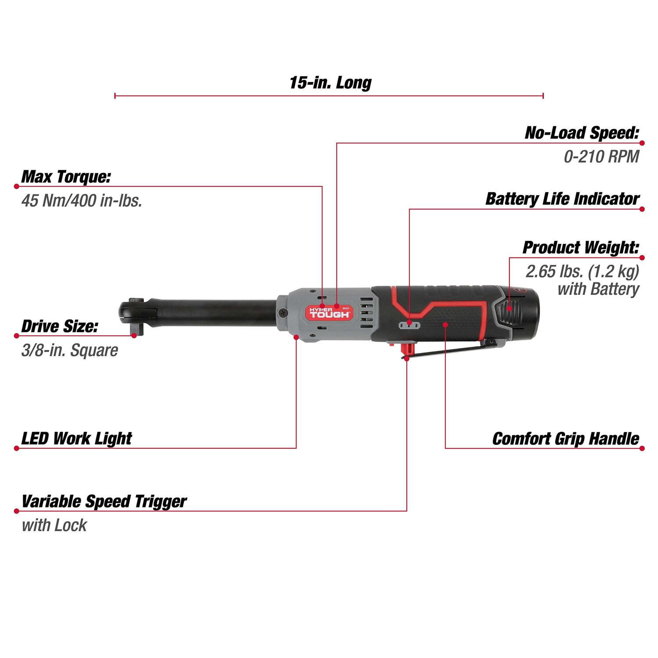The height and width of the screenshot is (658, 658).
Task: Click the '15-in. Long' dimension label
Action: tap(330, 82)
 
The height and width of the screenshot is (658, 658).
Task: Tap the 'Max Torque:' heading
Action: tap(66, 177)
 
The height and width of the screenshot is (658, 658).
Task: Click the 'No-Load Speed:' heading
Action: tap(582, 133)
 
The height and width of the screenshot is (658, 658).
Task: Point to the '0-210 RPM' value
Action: tap(601, 157)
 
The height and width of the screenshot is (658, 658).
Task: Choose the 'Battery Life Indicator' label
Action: tap(562, 199)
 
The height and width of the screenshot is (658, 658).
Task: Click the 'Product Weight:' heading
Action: tap(580, 247)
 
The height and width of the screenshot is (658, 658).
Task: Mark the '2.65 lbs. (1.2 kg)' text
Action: tap(582, 272)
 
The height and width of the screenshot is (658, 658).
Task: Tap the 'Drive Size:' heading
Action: tap(60, 326)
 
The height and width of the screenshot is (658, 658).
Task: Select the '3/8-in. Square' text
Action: tap(70, 350)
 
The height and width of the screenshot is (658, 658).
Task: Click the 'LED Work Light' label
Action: tap(77, 438)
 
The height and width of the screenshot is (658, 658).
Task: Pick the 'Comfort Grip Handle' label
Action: tap(565, 438)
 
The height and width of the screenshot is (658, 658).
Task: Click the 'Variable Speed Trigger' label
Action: tap(104, 501)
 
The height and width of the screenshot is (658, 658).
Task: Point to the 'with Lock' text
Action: tap(54, 525)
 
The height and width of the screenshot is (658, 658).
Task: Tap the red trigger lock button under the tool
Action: tap(408, 349)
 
